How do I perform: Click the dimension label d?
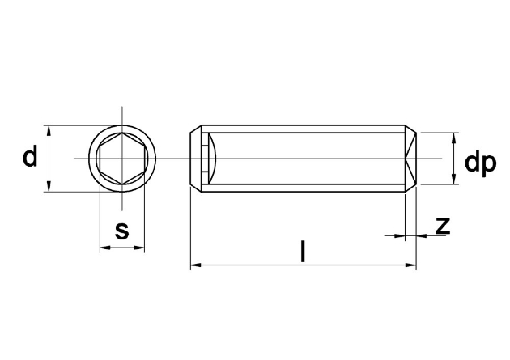(30, 156)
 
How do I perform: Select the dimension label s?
(122, 231)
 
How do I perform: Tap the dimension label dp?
(480, 163)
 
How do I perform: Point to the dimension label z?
(443, 226)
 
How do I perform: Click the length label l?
(303, 251)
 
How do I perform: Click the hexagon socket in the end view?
(122, 159)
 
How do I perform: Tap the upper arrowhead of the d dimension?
(49, 131)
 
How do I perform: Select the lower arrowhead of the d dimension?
(49, 186)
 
